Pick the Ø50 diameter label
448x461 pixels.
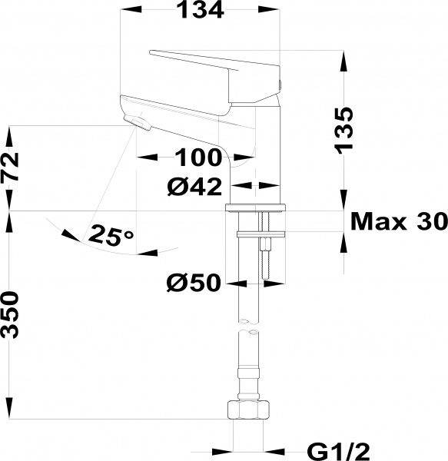coord(194,284)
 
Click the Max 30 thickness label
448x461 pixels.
coord(398,221)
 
